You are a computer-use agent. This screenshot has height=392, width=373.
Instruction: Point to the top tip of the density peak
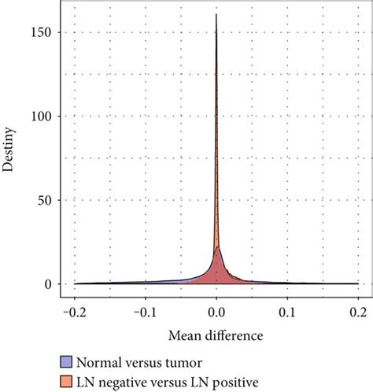(x=216, y=14)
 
